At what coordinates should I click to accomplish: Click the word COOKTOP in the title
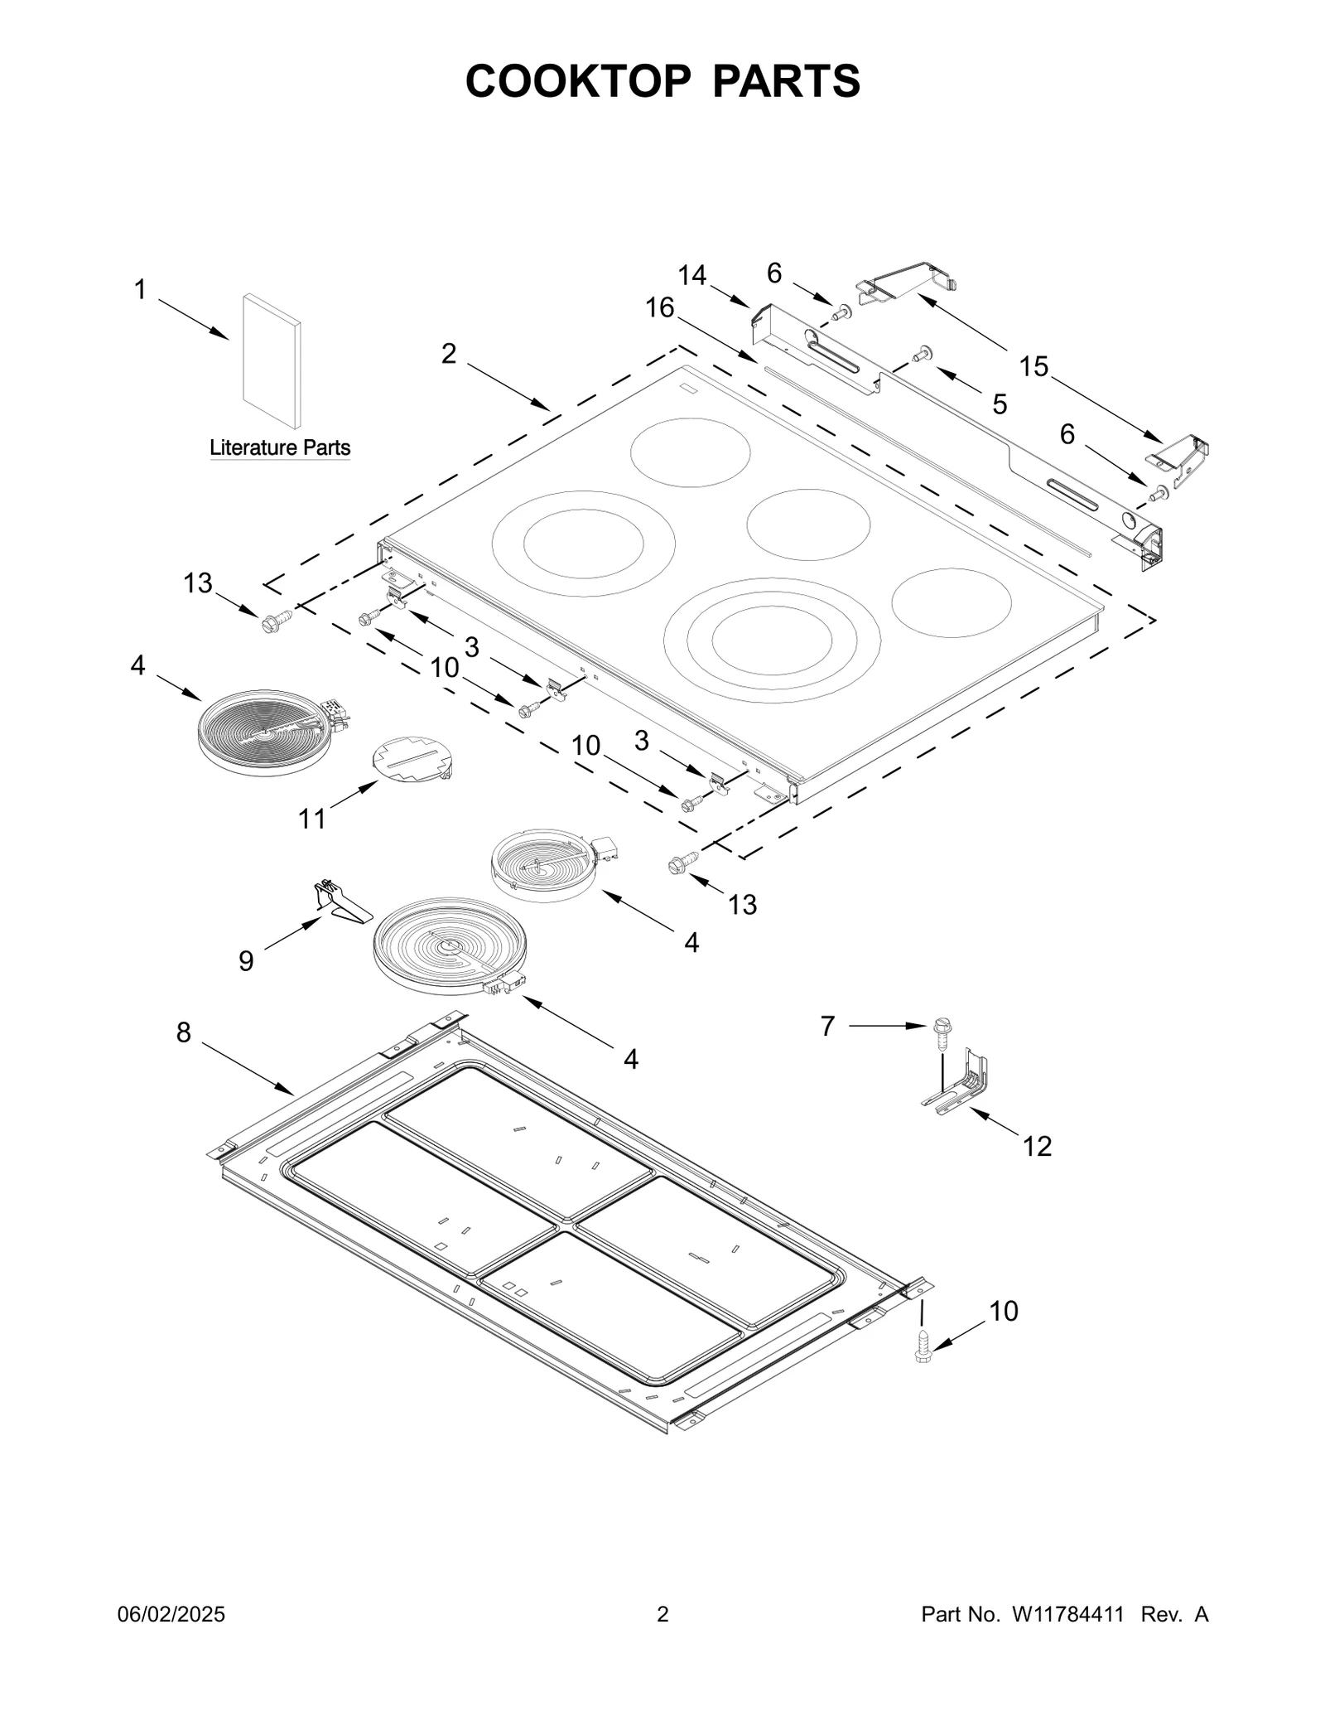tap(577, 81)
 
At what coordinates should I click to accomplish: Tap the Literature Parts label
tap(280, 448)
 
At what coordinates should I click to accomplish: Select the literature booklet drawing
tap(272, 360)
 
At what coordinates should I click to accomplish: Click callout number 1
tap(140, 290)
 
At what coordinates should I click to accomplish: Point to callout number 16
tap(660, 308)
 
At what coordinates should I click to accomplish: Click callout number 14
tap(692, 275)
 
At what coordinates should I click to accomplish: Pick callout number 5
tap(1000, 405)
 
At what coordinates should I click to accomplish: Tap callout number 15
tap(1033, 366)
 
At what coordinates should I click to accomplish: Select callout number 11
tap(312, 819)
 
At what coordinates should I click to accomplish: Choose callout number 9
tap(246, 961)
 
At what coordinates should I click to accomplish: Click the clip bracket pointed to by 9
tap(340, 904)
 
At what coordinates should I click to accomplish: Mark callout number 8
tap(184, 1032)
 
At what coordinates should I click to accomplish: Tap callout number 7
tap(828, 1027)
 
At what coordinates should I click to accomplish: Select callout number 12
tap(1037, 1147)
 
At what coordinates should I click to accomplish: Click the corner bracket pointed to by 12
tap(965, 1086)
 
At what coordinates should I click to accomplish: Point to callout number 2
tap(448, 354)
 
